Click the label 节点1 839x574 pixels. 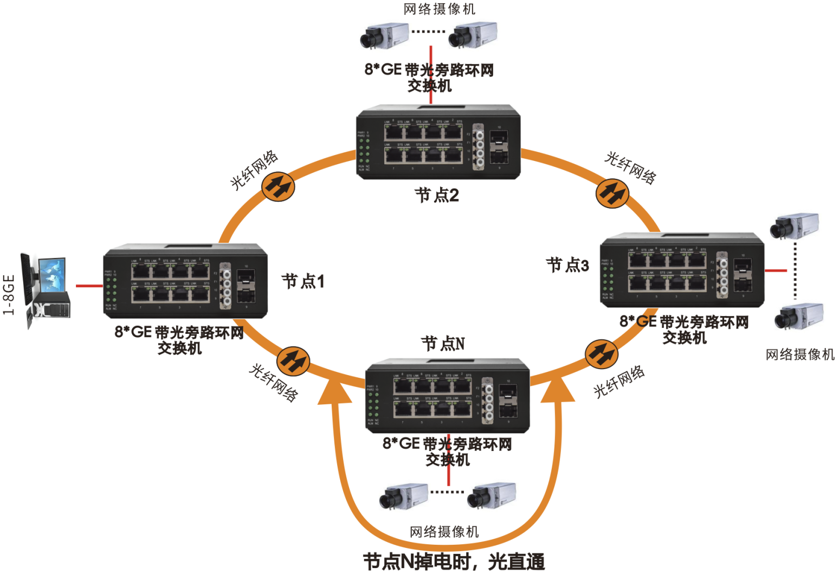[303, 281]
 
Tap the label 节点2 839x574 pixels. [437, 195]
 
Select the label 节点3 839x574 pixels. [567, 265]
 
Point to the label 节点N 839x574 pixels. [443, 344]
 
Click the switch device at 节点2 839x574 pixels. [438, 141]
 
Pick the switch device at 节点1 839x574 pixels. [185, 281]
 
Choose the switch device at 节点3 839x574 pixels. [682, 269]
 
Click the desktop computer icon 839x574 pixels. [46, 289]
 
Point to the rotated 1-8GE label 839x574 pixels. [9, 294]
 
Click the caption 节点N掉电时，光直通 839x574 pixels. [454, 562]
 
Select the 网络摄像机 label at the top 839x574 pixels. [439, 9]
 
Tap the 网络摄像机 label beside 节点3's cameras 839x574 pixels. [800, 355]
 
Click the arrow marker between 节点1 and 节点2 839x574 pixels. [278, 186]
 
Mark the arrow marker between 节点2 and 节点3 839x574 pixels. [612, 193]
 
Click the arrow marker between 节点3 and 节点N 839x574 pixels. [601, 354]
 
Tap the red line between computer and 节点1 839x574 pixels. [89, 286]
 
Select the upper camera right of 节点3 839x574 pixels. [795, 226]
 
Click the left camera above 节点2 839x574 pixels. [384, 35]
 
